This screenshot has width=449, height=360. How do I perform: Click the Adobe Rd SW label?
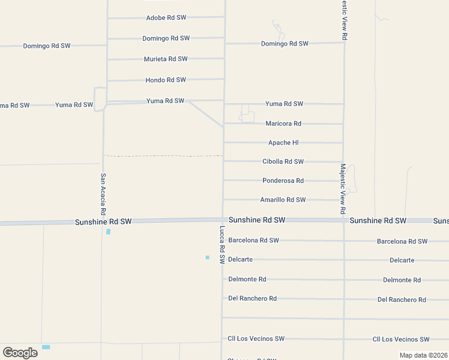(x=166, y=18)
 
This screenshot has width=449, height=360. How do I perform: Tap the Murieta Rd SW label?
(x=166, y=59)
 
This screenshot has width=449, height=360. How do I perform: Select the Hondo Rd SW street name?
(x=166, y=80)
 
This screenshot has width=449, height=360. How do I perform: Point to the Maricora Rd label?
(x=283, y=124)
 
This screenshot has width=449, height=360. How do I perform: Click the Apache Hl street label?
(x=283, y=143)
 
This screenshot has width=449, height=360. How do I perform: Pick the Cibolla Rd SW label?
(x=283, y=161)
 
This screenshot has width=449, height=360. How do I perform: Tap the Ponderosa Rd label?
(x=283, y=181)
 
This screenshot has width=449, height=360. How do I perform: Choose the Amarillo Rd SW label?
(x=283, y=200)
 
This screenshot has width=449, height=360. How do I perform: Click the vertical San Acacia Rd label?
(x=103, y=194)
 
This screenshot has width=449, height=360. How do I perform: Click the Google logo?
(x=20, y=352)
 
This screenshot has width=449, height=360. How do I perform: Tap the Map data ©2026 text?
(x=423, y=355)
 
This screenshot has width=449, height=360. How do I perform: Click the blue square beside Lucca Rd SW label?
(x=207, y=257)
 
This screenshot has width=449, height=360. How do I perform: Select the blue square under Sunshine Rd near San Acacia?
(x=108, y=232)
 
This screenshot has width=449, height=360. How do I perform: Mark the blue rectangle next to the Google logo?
(x=46, y=347)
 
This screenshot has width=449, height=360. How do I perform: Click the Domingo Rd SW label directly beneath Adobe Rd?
(x=166, y=38)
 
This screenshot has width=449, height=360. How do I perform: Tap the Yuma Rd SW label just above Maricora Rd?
(x=284, y=104)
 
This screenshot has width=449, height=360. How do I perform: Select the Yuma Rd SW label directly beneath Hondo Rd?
(x=165, y=101)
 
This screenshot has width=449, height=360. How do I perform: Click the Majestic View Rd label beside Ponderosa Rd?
(x=343, y=189)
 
